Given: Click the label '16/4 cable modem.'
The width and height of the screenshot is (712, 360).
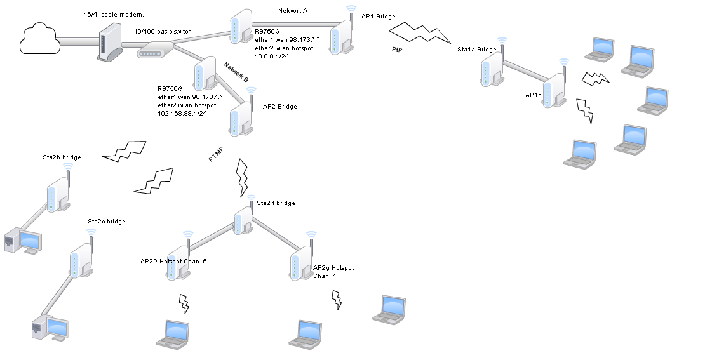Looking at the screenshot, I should (114, 14).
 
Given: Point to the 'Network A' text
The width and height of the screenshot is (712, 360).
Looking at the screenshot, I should (293, 10).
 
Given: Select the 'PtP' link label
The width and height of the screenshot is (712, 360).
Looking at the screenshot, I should (397, 48).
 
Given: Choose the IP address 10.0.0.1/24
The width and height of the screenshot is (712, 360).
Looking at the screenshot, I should (272, 56).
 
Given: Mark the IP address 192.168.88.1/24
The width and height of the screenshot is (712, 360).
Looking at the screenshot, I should (182, 113).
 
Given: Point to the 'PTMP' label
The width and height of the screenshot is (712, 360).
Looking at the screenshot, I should (216, 156).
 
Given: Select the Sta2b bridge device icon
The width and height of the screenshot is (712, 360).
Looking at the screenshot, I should (59, 192).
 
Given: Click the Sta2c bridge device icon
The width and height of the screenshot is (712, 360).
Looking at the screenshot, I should (81, 258).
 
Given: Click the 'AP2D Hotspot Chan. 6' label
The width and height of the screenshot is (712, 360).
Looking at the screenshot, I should (173, 261).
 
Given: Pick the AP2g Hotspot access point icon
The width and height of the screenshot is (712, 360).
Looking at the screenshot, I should (302, 260).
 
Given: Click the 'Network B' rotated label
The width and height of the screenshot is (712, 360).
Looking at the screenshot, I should (236, 71).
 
